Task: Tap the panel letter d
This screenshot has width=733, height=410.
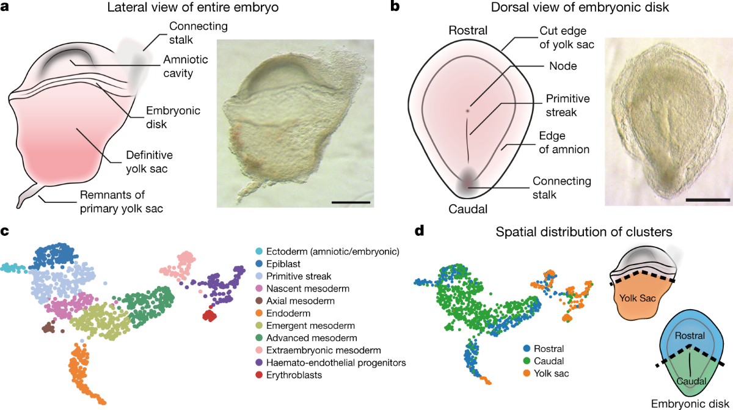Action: [x=419, y=232]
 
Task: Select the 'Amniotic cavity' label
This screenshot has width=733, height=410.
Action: [x=186, y=67]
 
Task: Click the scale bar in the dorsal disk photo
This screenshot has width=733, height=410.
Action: [x=707, y=199]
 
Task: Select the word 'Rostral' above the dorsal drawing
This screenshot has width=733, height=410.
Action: [x=467, y=30]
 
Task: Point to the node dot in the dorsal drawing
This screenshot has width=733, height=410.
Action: [x=467, y=111]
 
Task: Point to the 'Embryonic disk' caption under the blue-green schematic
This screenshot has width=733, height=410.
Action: [x=687, y=403]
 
